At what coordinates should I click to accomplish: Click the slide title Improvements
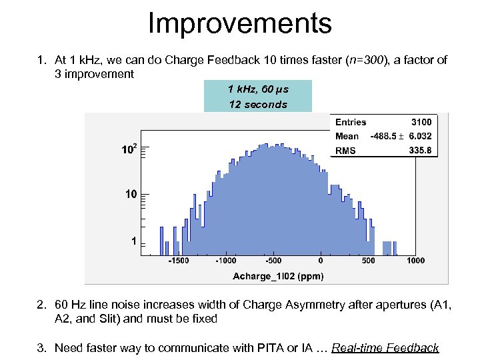pos(239,23)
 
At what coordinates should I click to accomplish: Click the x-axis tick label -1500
pos(178,261)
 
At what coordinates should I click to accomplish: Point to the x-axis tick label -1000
pos(225,261)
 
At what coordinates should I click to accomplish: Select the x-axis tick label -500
pos(273,261)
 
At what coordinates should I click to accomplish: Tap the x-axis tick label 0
pos(321,261)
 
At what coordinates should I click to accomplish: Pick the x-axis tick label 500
pos(368,261)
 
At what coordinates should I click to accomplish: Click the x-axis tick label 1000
pos(415,261)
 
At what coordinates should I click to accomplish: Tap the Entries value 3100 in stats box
pos(421,122)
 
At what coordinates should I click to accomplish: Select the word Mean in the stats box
pos(347,137)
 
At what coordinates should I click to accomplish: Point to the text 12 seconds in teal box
pos(258,105)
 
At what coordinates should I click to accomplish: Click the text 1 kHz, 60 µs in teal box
pos(258,89)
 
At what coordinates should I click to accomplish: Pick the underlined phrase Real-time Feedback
pos(385,347)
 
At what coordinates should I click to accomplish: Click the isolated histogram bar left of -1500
pos(162,240)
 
